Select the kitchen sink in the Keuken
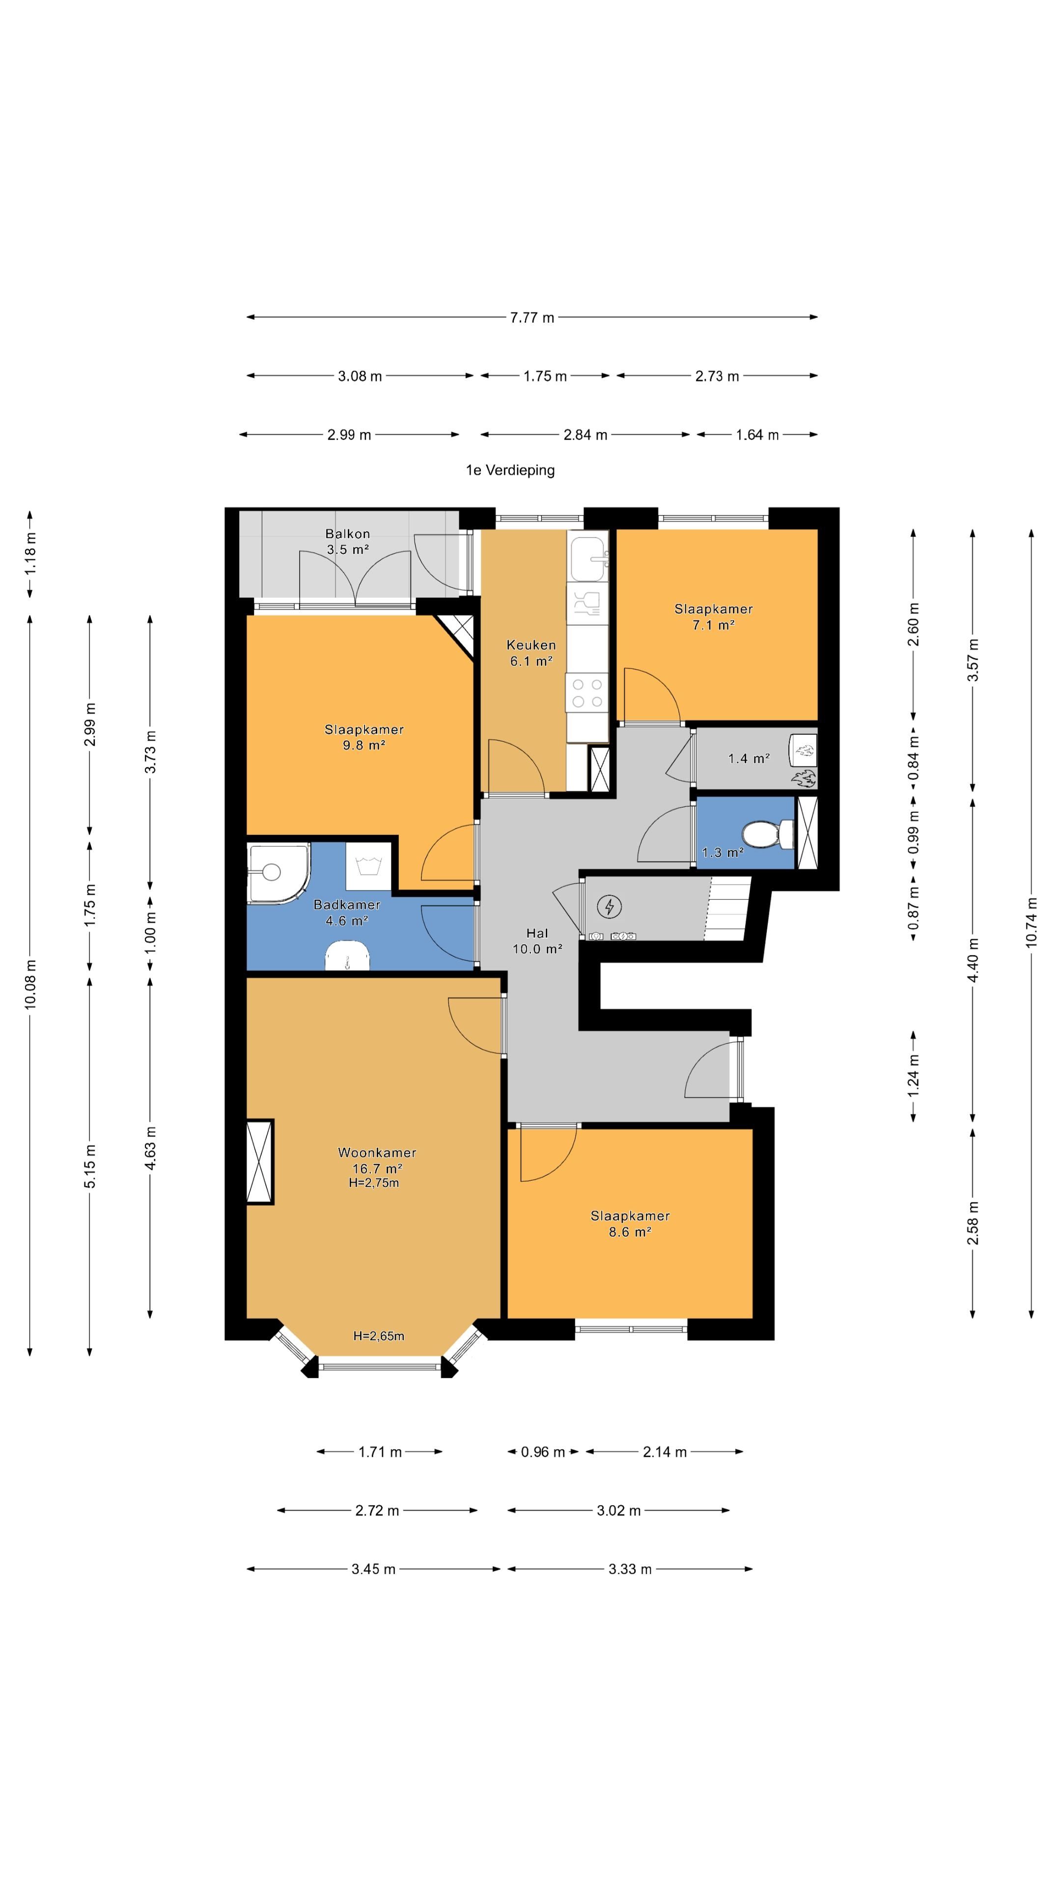pos(589,558)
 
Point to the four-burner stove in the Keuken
pos(587,693)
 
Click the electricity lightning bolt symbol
pos(609,907)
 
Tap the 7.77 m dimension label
pos(532,318)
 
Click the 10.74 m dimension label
pos(1031,922)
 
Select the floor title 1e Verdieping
pos(510,470)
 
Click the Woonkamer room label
pos(377,1152)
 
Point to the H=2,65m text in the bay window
pos(379,1335)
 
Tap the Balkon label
pos(348,534)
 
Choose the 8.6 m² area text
pos(630,1232)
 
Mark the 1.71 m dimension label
pos(380,1452)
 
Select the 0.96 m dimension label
pos(543,1452)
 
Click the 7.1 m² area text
pos(714,625)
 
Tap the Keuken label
pos(531,645)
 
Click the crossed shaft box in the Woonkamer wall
pos(260,1162)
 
